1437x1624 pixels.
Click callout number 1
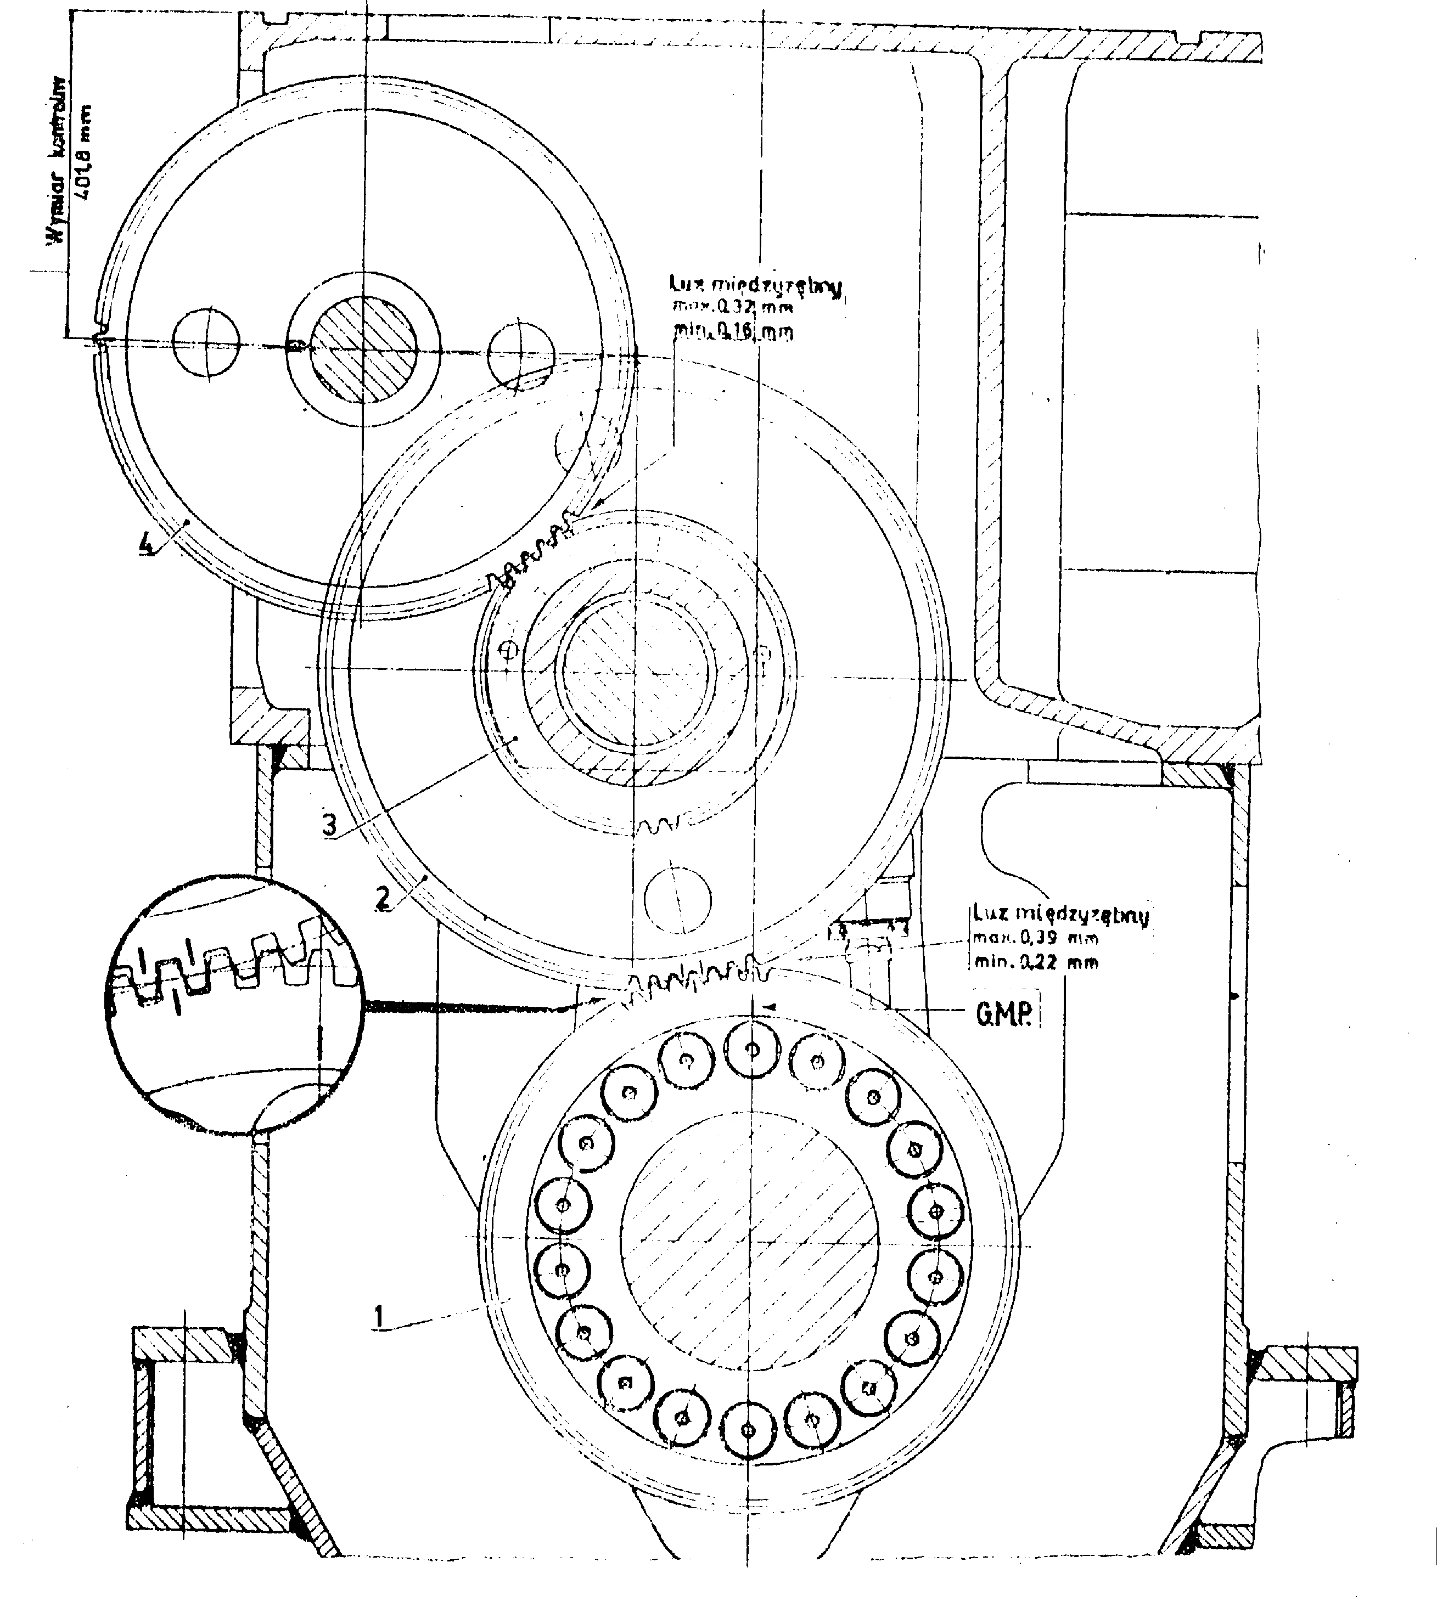380,1317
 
